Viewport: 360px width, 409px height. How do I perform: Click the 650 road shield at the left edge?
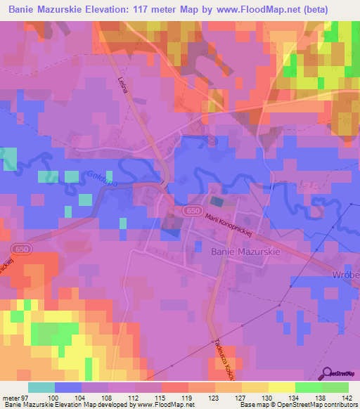pyautogui.click(x=20, y=248)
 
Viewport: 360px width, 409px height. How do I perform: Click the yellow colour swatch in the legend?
pyautogui.click(x=281, y=387)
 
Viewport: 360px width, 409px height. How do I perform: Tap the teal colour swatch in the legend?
pyautogui.click(x=41, y=387)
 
